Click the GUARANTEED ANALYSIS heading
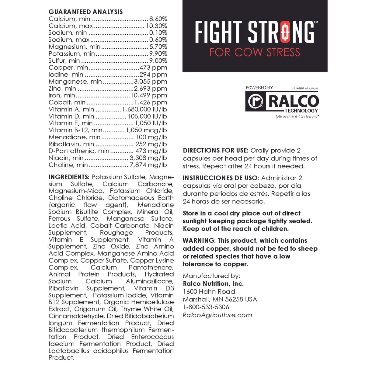tap(86, 12)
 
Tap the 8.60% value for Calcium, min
tap(158, 19)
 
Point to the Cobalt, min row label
tap(67, 103)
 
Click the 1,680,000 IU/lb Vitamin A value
tap(144, 109)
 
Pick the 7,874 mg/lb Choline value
tap(148, 165)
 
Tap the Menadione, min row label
tap(74, 137)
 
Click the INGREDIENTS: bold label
tap(69, 177)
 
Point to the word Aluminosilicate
tap(150, 281)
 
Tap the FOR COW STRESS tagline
tap(255, 52)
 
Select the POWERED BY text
tap(259, 88)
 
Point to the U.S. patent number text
tap(305, 89)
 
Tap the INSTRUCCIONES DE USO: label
tap(221, 178)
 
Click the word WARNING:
tap(199, 241)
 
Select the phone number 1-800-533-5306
tap(206, 307)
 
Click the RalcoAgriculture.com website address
tap(217, 315)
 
